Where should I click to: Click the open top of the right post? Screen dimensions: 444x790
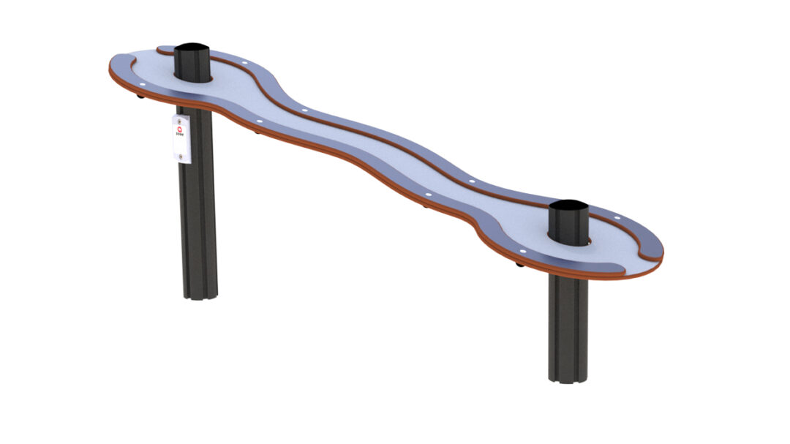click(568, 206)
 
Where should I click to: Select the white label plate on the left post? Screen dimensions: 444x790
click(182, 137)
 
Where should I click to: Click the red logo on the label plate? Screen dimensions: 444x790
click(181, 129)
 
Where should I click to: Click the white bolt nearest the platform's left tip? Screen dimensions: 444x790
click(143, 83)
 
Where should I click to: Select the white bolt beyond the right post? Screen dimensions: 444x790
click(617, 217)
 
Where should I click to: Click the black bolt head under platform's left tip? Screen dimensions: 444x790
click(141, 96)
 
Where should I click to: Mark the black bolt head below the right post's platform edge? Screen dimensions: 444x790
click(519, 264)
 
